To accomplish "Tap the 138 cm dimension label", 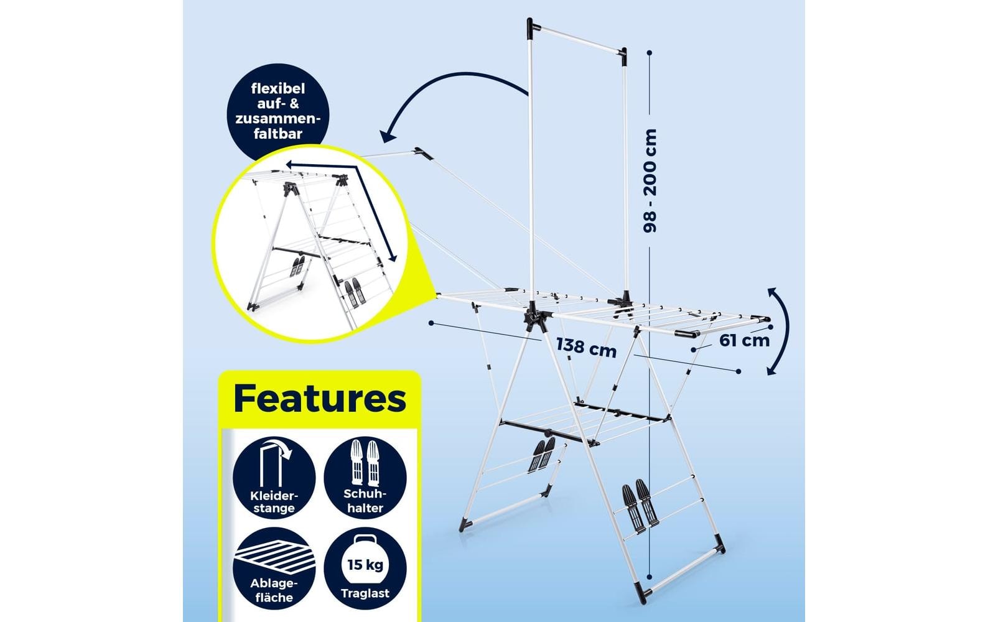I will pos(586,346).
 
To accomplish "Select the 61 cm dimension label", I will pos(744,340).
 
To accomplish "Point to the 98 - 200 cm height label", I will pos(650,180).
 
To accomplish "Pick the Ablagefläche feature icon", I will pos(274,569).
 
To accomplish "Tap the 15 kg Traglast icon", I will pos(365,569).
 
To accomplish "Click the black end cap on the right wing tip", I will pos(686,333).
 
